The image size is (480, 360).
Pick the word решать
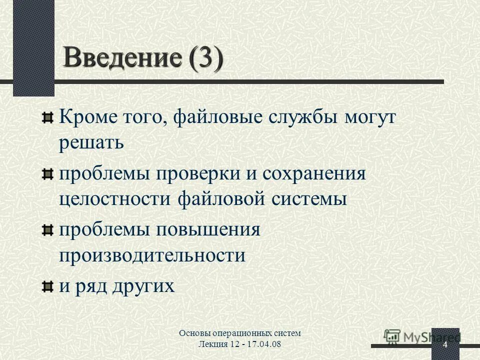click(91, 144)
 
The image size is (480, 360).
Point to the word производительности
click(152, 256)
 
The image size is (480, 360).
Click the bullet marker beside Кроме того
click(47, 118)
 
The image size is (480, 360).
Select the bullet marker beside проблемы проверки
click(47, 174)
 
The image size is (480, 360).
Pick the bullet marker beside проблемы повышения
click(47, 230)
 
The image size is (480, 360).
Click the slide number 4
click(444, 346)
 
